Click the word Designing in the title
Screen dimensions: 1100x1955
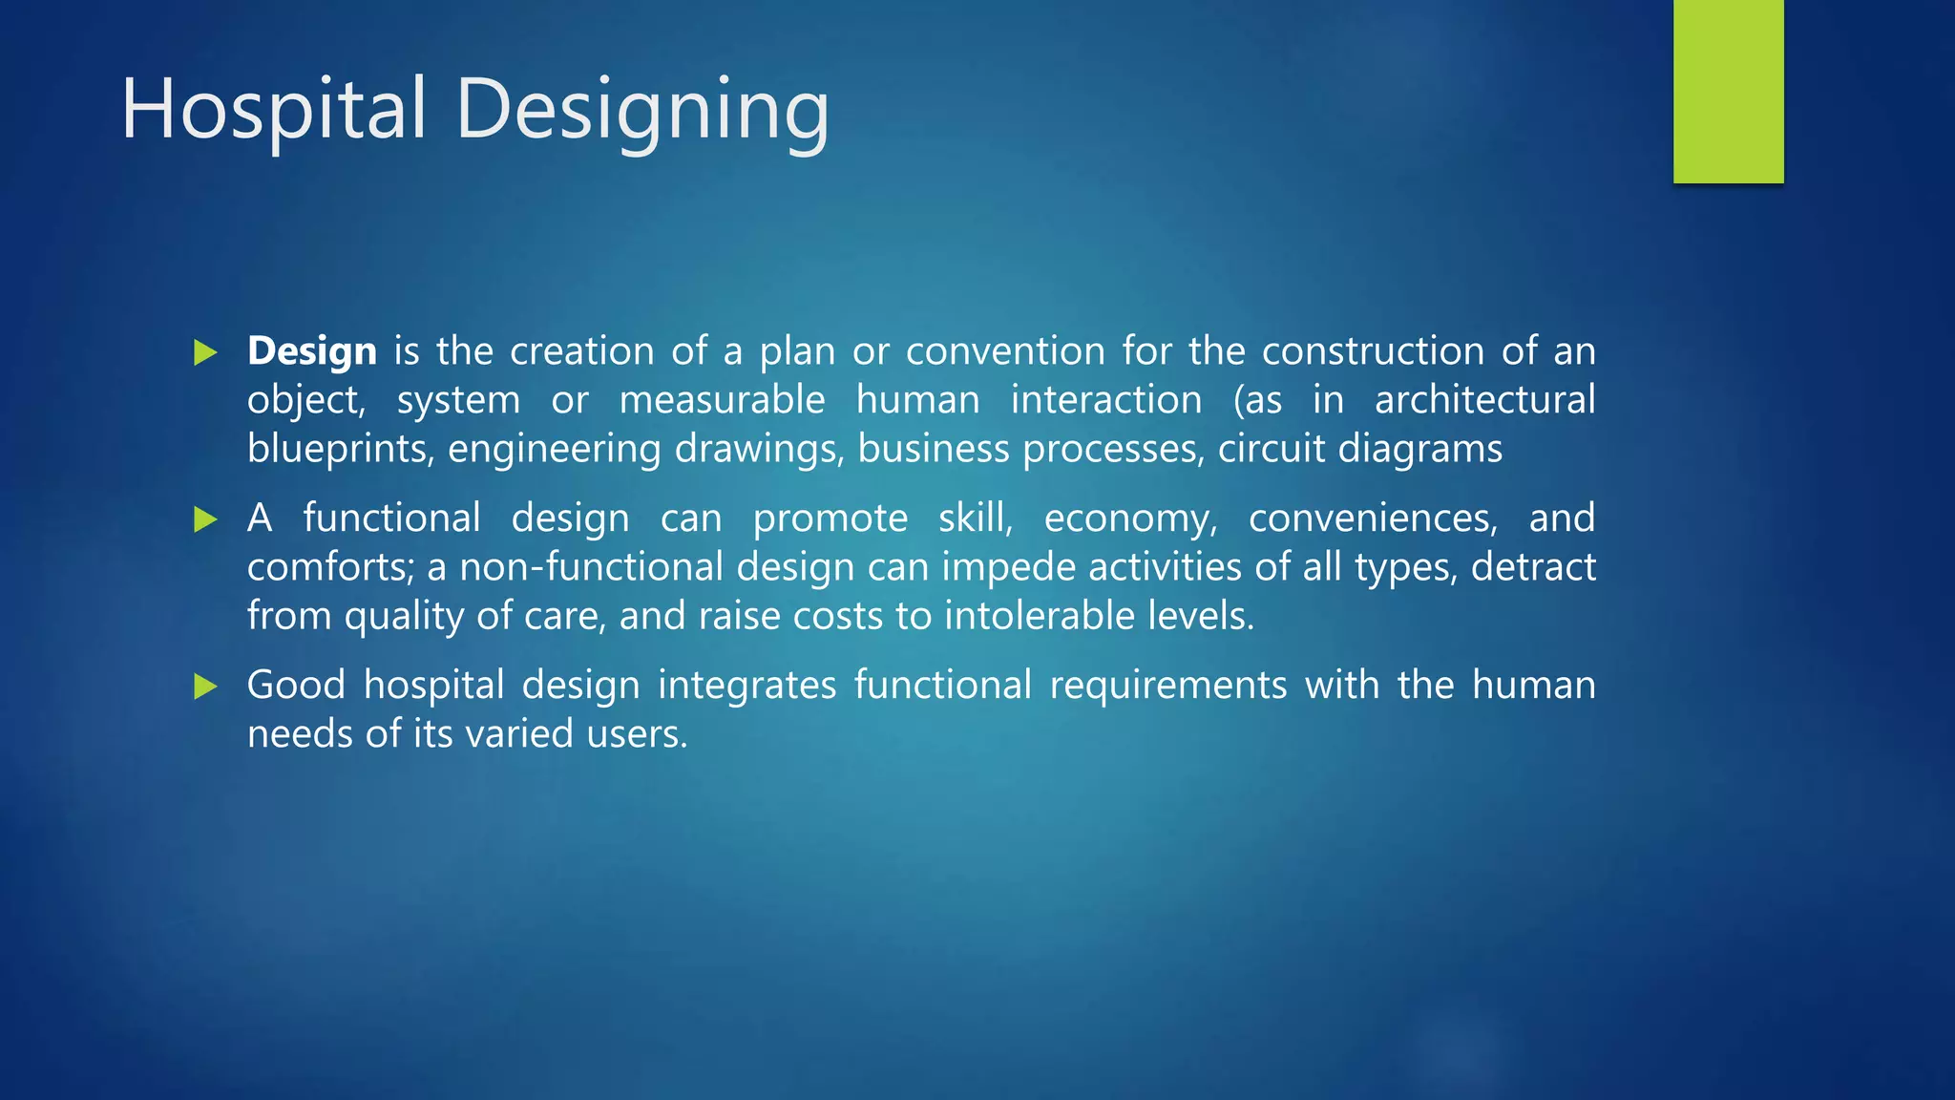point(642,111)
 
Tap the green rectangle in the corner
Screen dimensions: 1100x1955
point(1728,91)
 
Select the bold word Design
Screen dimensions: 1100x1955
point(311,351)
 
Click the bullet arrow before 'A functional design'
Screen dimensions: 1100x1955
point(205,519)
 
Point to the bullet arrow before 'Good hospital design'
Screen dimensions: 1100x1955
point(205,686)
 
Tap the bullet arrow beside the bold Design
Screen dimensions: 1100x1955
point(205,352)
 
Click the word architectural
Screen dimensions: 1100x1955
point(1484,399)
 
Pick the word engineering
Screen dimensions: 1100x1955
point(554,449)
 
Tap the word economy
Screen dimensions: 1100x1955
point(1129,518)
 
